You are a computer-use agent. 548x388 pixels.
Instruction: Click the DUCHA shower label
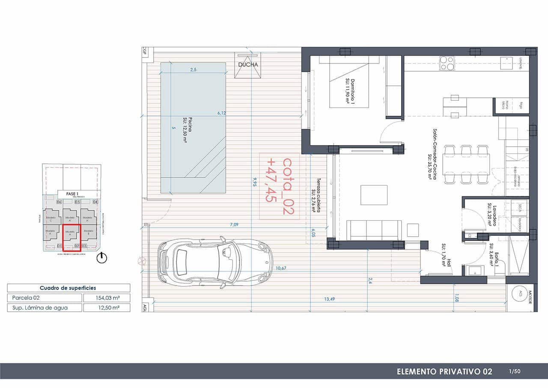(248, 65)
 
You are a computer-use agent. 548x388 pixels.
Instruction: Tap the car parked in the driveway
(215, 262)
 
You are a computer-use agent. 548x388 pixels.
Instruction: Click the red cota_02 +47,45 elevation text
(279, 187)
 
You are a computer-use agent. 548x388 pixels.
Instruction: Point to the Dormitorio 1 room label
(350, 91)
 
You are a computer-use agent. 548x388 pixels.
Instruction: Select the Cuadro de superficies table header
(68, 288)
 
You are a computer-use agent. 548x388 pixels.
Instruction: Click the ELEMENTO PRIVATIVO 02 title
(444, 371)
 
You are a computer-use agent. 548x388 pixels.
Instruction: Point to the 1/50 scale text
(515, 371)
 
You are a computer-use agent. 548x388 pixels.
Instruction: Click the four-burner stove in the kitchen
(447, 63)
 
